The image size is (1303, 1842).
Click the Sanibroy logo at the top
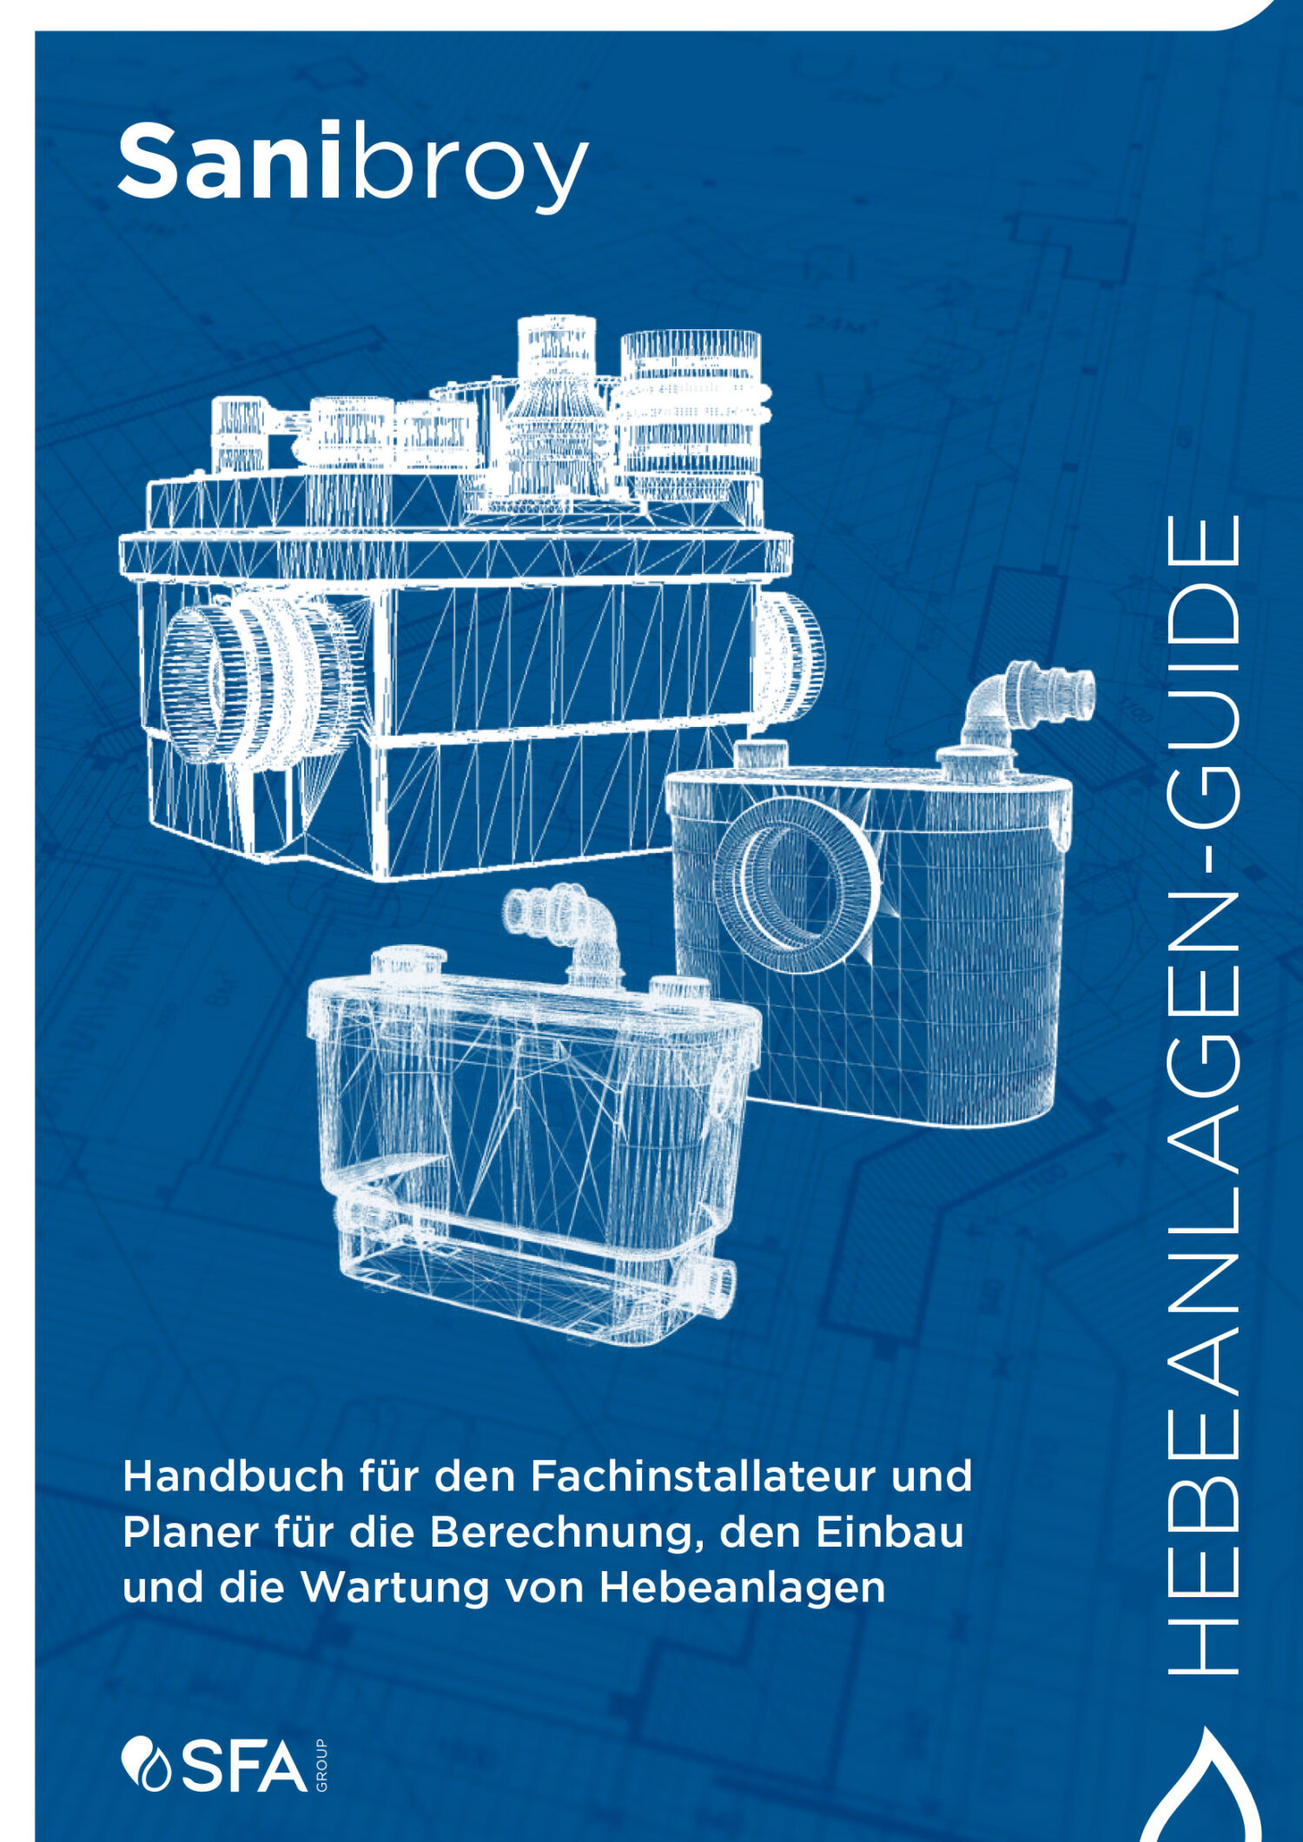point(353,165)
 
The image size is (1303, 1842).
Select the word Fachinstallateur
point(699,1476)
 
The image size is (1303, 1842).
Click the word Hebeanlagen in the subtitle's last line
point(742,1589)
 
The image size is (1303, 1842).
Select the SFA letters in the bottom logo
point(244,1765)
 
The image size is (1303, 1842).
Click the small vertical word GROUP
point(321,1765)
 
